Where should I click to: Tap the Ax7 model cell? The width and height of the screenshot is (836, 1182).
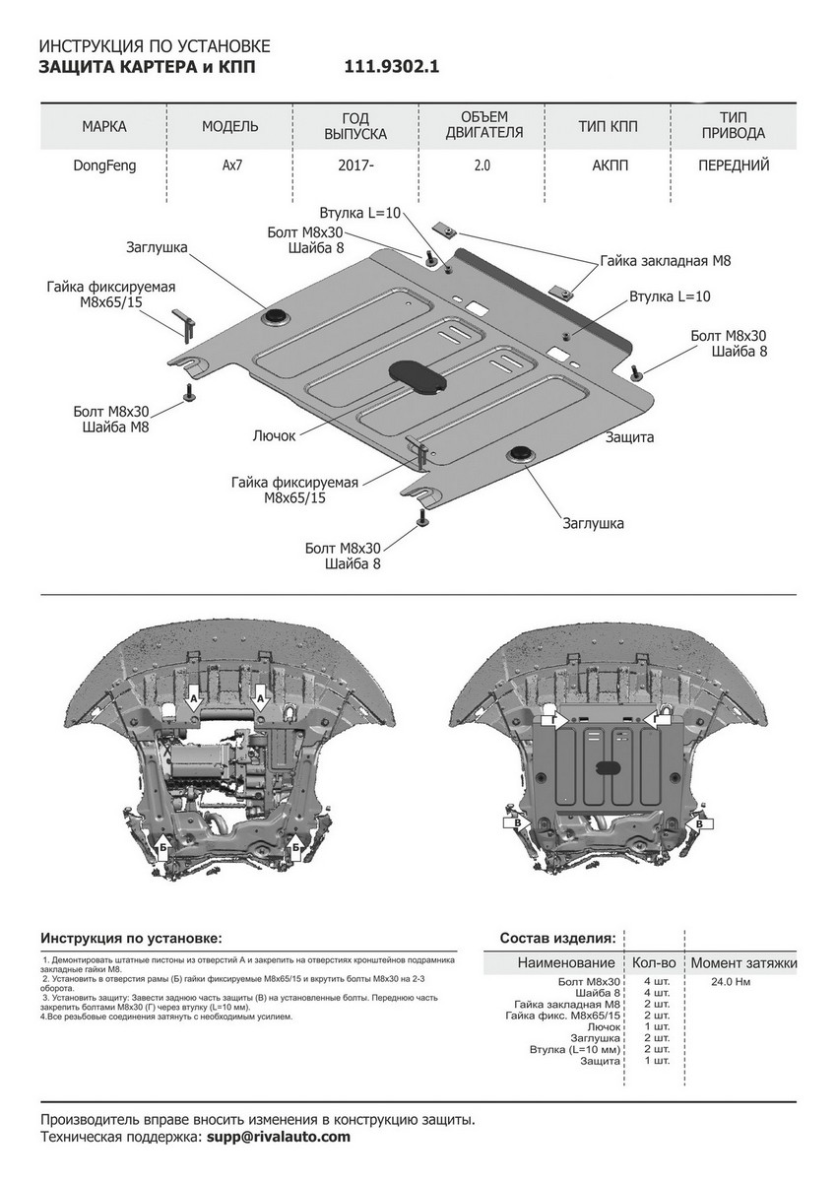(229, 165)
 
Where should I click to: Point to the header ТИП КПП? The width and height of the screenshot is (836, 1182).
(608, 126)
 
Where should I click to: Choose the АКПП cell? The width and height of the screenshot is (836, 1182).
(608, 165)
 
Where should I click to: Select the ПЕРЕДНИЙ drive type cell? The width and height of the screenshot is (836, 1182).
(734, 165)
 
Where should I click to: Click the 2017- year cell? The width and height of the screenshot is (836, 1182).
(356, 165)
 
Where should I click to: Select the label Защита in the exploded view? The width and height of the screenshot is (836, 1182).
(630, 435)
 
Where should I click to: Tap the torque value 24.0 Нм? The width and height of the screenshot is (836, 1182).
(731, 982)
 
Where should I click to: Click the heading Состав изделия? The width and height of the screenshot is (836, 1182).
(557, 938)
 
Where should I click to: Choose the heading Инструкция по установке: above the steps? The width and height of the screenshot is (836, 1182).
(132, 938)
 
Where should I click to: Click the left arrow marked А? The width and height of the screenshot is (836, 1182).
(194, 698)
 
